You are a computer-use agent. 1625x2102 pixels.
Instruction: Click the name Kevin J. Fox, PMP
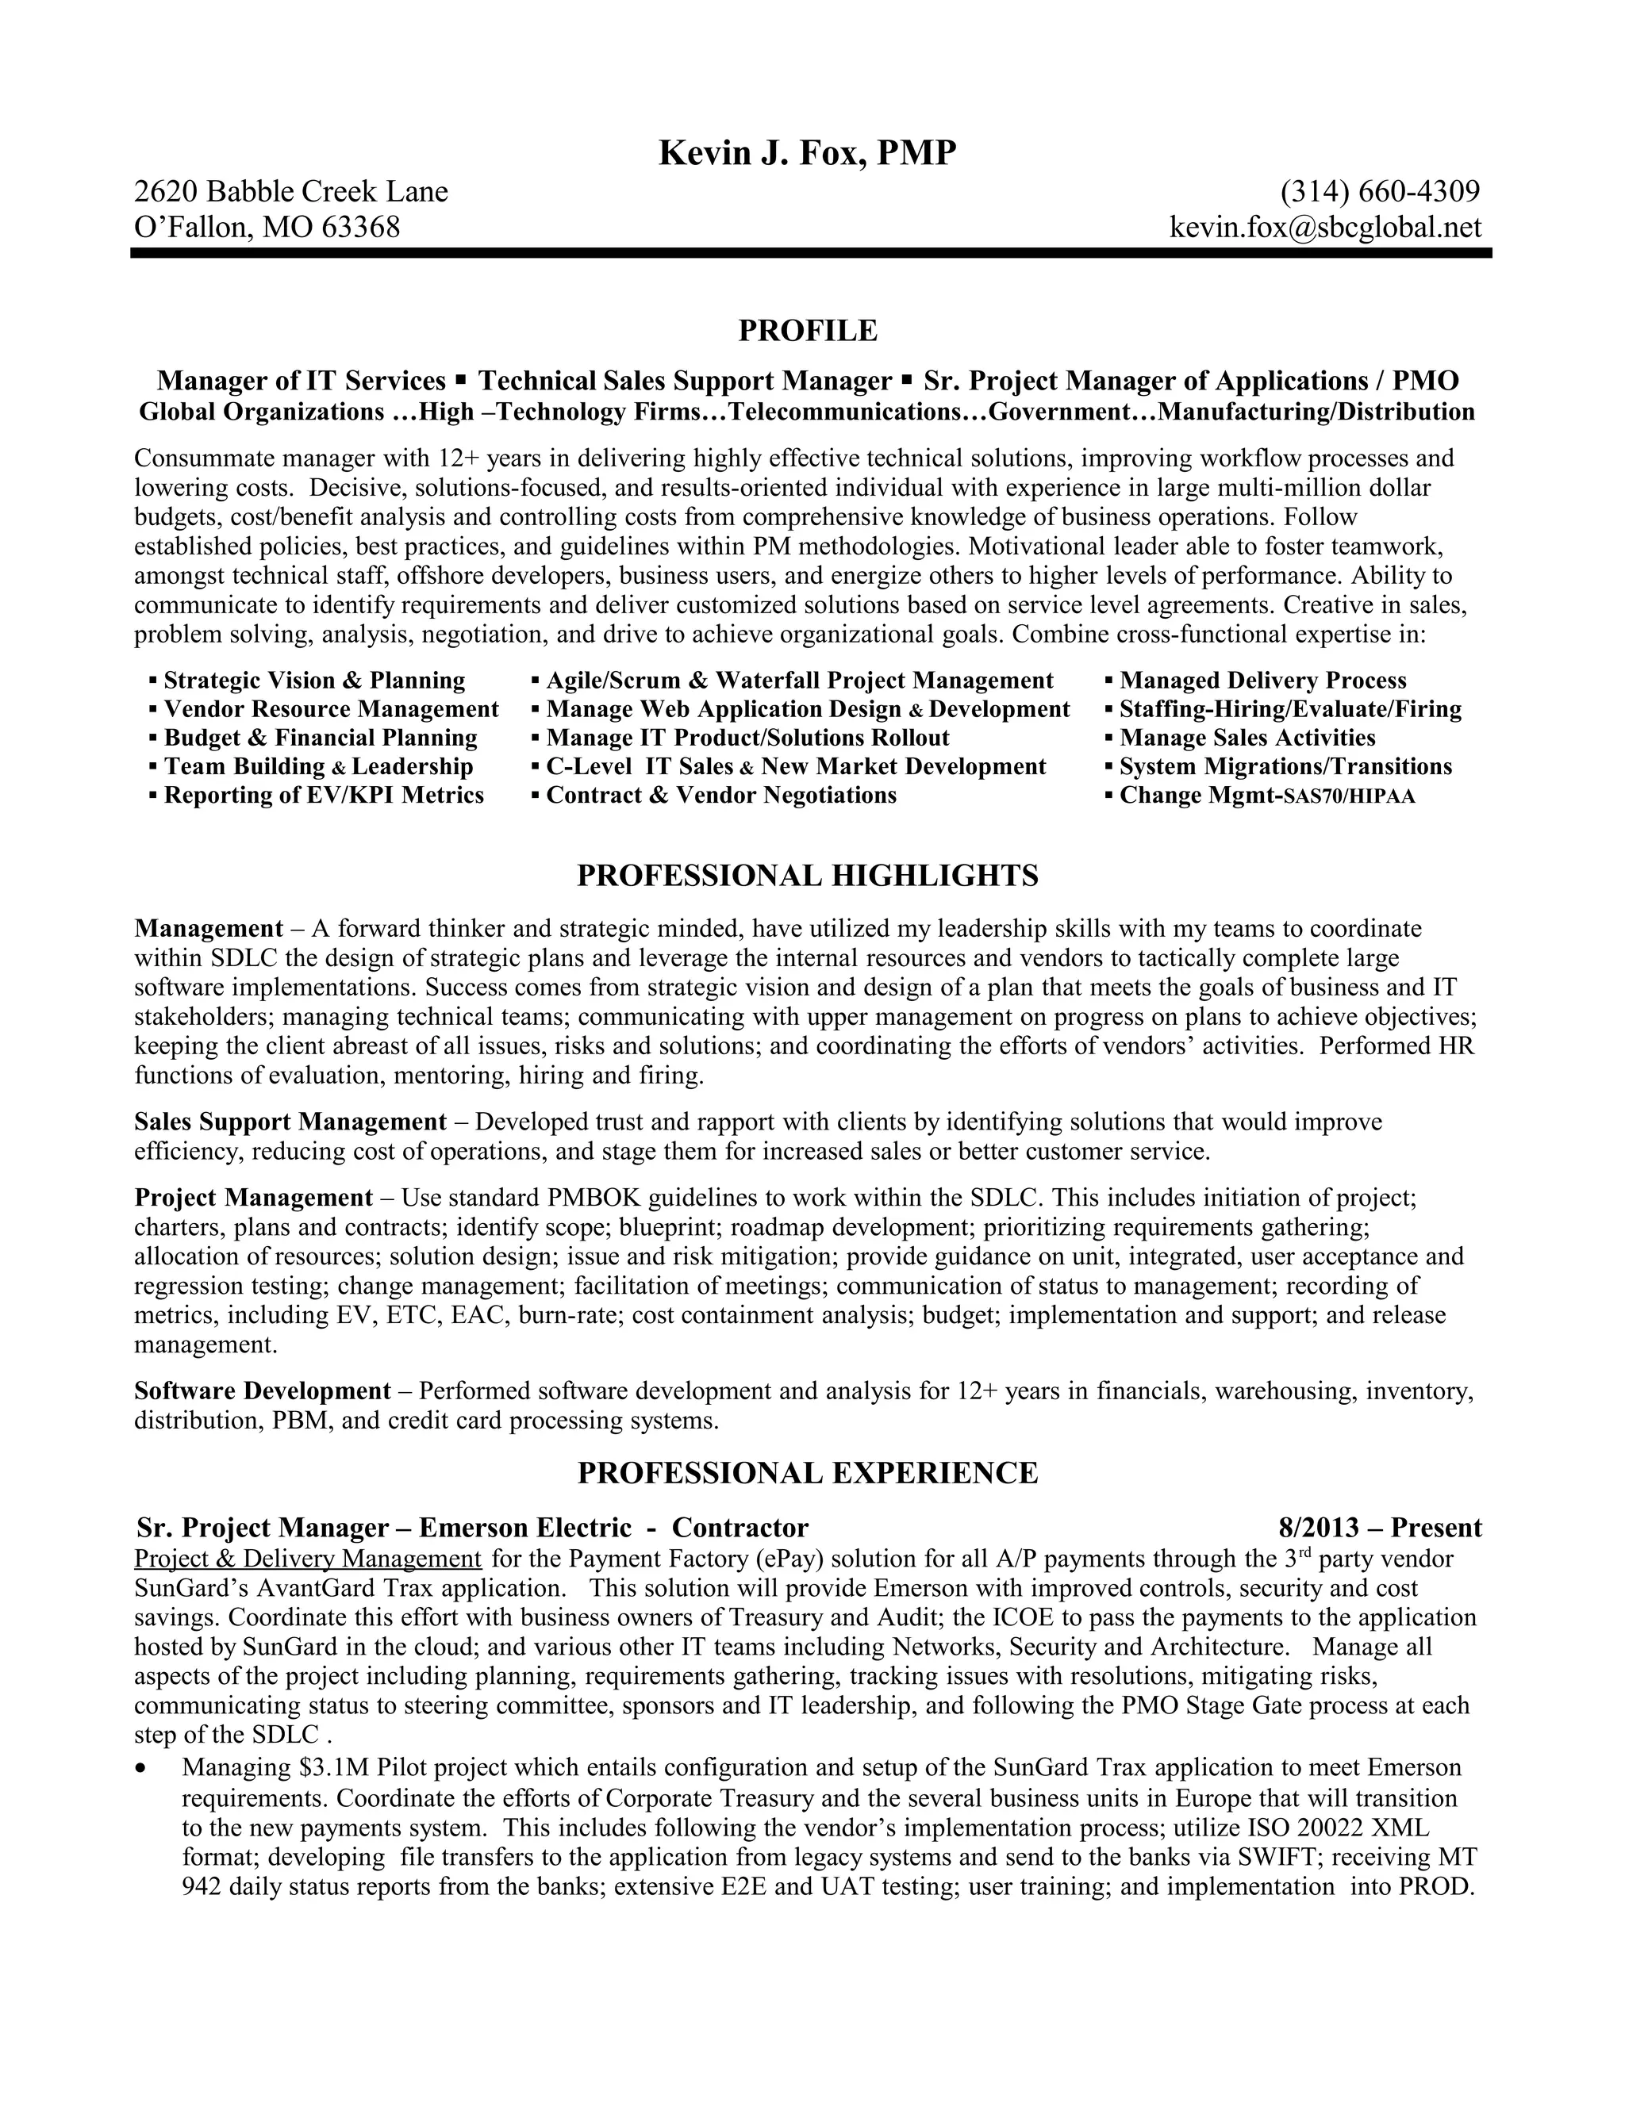point(807,153)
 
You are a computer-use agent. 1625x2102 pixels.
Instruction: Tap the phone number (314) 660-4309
point(1380,191)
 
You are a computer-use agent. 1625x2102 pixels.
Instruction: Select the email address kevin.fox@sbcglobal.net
point(1324,227)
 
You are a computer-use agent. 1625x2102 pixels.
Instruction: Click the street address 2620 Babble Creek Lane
point(290,191)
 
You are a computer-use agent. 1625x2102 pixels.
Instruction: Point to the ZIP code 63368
point(360,227)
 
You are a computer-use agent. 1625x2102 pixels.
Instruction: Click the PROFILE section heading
point(808,330)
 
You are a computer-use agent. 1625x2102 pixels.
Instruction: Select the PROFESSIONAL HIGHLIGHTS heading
point(807,875)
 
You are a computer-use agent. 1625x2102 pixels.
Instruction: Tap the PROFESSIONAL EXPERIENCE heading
point(807,1472)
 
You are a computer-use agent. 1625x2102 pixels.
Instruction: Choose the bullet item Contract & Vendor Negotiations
point(721,795)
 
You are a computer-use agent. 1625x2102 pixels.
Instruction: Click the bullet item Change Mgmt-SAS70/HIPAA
point(1267,795)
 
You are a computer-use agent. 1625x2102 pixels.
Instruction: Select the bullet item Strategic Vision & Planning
point(314,681)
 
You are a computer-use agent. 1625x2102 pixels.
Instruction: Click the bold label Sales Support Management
point(290,1122)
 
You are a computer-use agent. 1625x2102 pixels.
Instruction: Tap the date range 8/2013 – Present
point(1380,1528)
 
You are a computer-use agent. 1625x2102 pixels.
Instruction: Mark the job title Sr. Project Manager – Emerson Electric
point(383,1528)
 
